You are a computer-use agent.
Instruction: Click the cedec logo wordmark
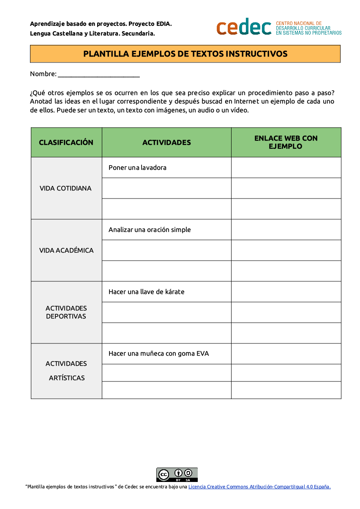244,27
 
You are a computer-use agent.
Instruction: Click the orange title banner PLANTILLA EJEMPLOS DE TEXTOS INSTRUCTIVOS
185,54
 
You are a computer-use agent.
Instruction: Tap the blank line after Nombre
98,74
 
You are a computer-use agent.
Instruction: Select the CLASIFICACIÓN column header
66,142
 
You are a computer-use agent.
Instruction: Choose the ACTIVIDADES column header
166,142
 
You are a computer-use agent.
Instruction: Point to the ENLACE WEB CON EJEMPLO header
286,142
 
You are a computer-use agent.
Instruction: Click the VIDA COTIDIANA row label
65,188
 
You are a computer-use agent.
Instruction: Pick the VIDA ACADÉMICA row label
66,250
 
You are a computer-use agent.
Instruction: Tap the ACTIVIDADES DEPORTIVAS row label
66,312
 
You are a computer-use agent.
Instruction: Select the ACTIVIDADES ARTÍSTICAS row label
66,370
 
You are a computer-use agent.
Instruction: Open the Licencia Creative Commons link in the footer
259,487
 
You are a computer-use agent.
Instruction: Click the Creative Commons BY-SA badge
177,474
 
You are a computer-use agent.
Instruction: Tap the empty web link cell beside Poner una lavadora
286,168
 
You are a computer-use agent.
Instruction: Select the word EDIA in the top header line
163,24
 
